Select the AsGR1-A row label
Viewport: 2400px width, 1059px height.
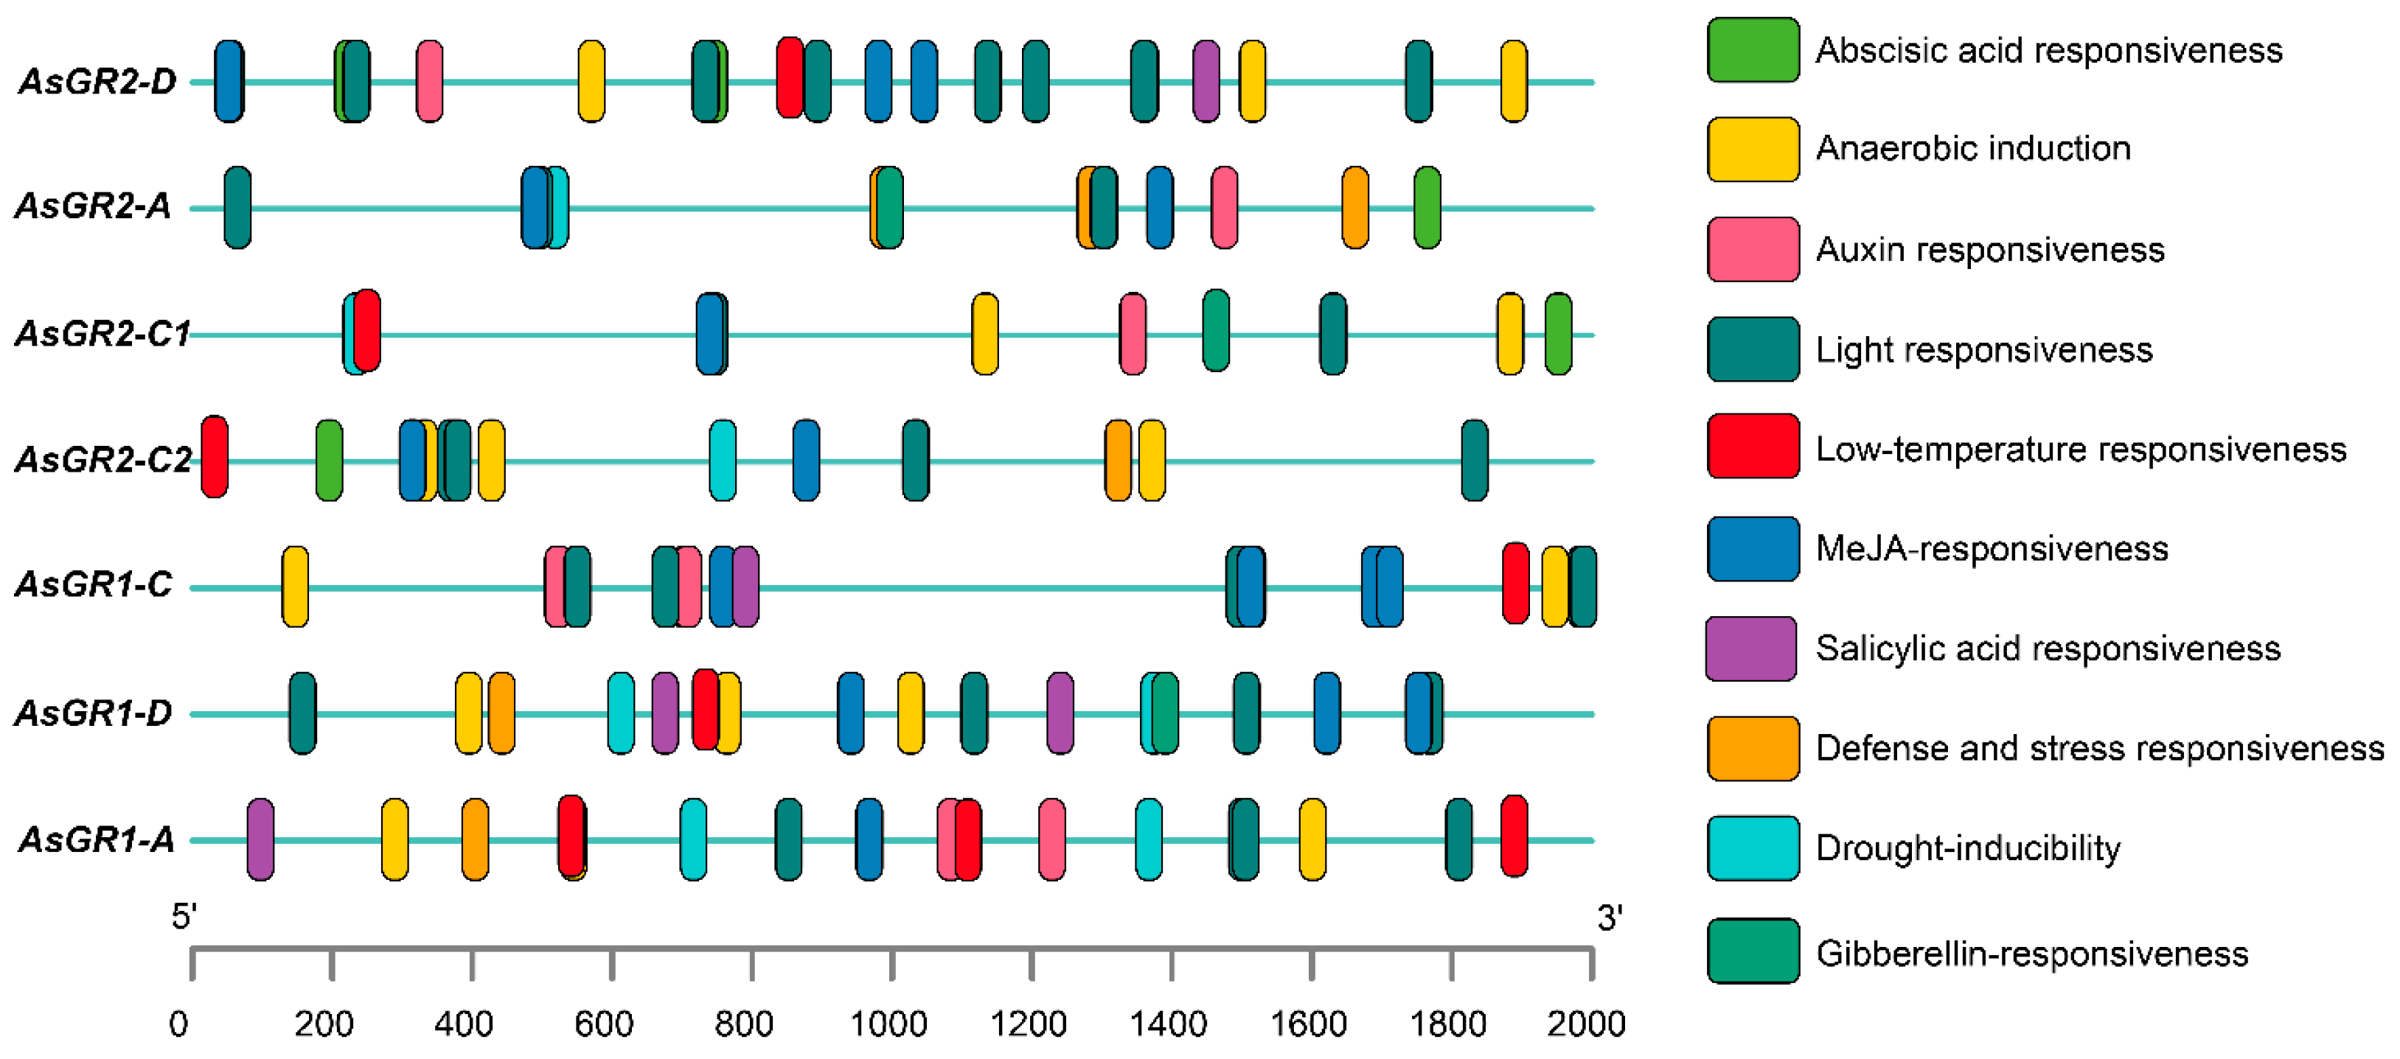96,840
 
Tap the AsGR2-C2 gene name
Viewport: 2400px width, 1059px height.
103,459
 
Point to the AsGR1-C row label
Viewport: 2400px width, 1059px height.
94,585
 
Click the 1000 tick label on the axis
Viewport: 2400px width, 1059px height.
888,1024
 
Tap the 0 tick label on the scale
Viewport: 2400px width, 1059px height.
179,1024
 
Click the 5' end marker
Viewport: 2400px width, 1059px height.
184,918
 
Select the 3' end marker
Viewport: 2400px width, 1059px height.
1610,918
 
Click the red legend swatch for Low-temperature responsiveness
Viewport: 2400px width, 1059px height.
1753,446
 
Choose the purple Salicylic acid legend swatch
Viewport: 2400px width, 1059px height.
1750,649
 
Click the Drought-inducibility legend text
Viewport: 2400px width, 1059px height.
1968,848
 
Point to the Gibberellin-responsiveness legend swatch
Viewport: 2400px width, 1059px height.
1753,951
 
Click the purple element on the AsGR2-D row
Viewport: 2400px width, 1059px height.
1206,81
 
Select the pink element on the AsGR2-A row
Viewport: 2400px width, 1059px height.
1224,208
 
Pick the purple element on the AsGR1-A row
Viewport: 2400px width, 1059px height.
261,839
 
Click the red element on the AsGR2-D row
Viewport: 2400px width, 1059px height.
790,78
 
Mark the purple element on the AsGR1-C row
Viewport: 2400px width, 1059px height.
746,587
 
